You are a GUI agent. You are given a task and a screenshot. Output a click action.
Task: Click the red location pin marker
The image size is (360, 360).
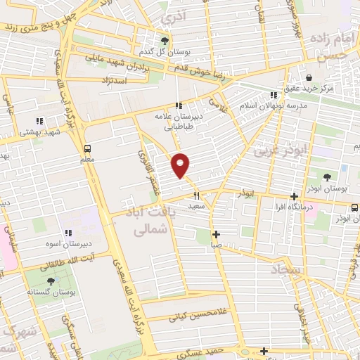click(x=181, y=165)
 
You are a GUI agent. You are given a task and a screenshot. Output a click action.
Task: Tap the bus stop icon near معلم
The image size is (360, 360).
click(x=87, y=149)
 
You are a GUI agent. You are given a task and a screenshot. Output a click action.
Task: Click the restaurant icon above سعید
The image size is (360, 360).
click(x=197, y=196)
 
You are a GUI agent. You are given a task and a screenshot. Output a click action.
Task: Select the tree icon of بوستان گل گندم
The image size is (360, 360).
click(x=165, y=41)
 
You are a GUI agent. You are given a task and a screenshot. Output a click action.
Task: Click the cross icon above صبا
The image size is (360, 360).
click(x=216, y=234)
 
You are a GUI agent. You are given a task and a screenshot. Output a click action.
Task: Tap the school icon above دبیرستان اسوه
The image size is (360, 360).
click(x=68, y=233)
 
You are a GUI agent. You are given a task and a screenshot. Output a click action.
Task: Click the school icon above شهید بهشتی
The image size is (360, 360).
click(x=39, y=120)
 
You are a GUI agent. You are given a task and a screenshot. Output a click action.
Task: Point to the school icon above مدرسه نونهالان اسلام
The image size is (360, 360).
click(x=274, y=94)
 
